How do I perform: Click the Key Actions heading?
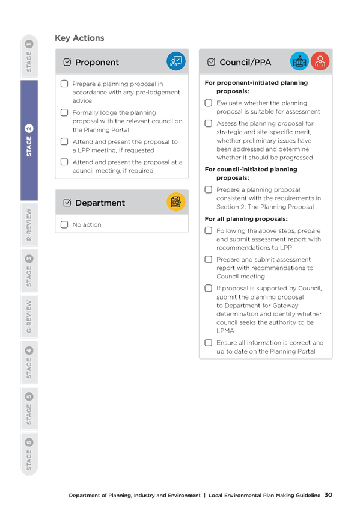79,38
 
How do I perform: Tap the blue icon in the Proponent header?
175,61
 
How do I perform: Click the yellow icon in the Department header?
175,202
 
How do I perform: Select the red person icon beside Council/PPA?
320,61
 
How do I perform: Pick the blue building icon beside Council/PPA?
299,61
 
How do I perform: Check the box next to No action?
64,224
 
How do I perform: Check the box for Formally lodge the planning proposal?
64,112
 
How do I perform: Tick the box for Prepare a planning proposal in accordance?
64,84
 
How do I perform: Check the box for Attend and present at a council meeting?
64,162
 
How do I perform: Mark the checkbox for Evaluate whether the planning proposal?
209,103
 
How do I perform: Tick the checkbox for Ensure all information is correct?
209,343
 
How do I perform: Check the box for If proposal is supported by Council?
209,289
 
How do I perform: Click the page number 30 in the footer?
328,495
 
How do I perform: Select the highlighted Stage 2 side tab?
29,140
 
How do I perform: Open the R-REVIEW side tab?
29,224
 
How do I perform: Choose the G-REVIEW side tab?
29,316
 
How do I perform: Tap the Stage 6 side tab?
29,455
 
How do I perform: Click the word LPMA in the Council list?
225,331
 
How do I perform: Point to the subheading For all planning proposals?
246,219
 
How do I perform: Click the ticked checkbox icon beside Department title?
67,203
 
